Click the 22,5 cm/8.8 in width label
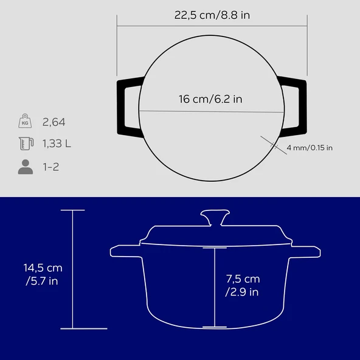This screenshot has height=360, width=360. click(212, 15)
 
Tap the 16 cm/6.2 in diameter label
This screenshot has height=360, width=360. click(210, 99)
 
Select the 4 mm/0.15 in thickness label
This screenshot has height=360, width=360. click(310, 148)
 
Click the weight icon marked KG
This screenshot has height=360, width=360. click(25, 121)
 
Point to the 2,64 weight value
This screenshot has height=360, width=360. click(54, 122)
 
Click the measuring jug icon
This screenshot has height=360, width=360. click(26, 144)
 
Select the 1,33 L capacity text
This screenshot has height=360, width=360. click(57, 144)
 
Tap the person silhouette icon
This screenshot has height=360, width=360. click(26, 167)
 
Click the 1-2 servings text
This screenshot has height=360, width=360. click(51, 167)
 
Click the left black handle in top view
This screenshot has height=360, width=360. click(121, 108)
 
